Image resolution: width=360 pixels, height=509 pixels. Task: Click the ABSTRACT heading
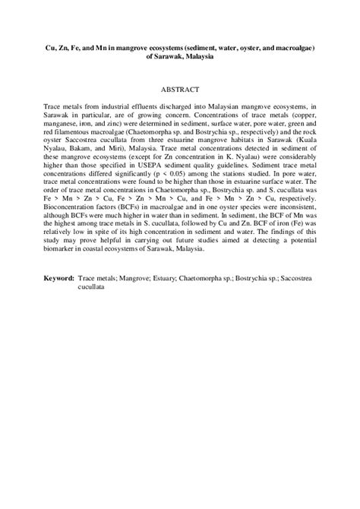point(180,89)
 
